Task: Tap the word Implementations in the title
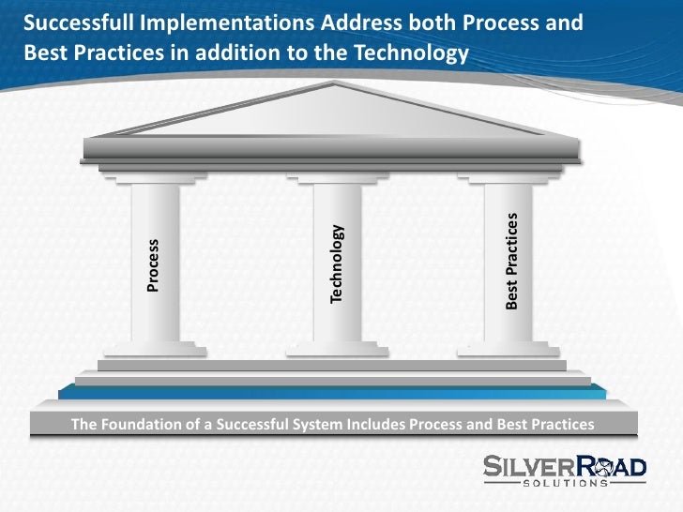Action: [x=201, y=21]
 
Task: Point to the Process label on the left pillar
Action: [x=153, y=265]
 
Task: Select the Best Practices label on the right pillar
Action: [x=512, y=261]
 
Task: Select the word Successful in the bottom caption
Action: [x=248, y=424]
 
